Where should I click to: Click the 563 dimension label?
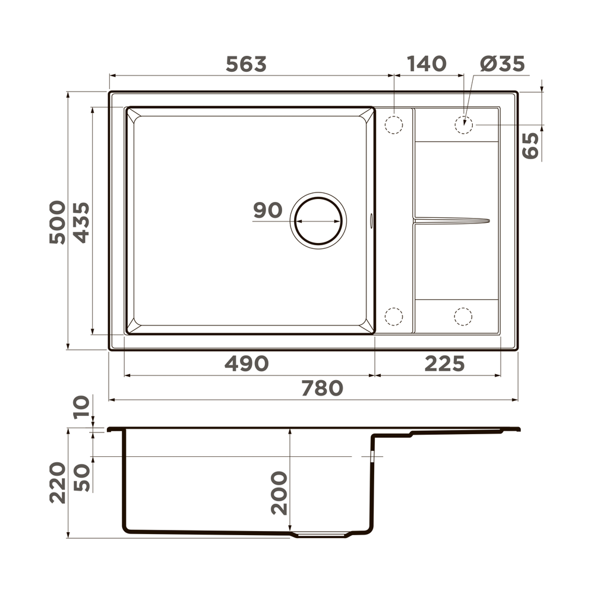(246, 64)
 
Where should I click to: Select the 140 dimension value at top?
(426, 64)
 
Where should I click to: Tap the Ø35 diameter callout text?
(503, 64)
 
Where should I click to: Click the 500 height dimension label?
(58, 222)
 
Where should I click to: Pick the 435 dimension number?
(81, 222)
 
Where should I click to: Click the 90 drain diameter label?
(267, 210)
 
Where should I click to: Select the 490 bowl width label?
(247, 364)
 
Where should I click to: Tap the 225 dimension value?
(444, 364)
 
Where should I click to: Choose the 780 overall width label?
(322, 388)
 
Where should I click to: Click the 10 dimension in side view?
(82, 408)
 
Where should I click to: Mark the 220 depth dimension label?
(58, 483)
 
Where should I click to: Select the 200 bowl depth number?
(279, 493)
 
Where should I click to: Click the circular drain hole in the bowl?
(319, 220)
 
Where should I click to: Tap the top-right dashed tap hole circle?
(463, 125)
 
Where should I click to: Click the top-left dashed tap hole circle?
(394, 125)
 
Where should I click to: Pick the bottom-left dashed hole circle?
(394, 316)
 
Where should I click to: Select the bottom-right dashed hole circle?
(463, 316)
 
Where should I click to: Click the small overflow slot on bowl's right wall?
(372, 220)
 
